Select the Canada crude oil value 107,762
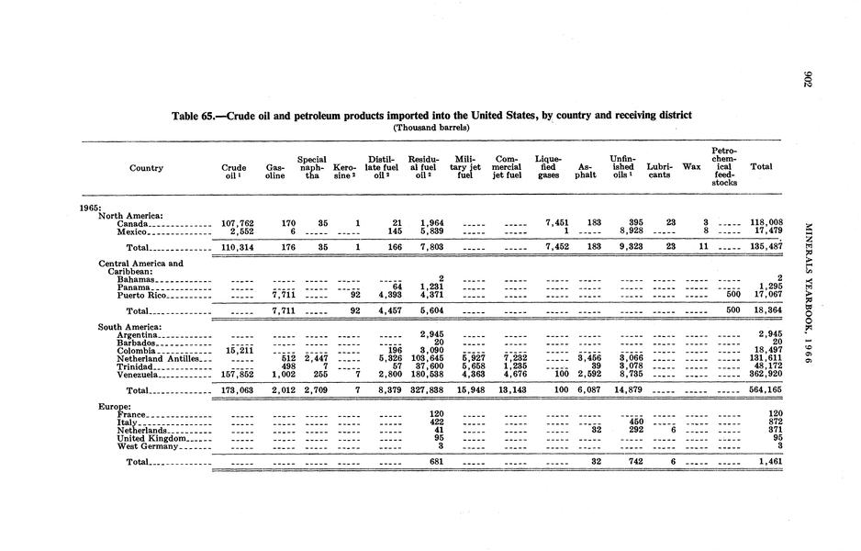[x=237, y=222]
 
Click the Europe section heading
[x=116, y=406]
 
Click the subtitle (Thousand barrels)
[x=430, y=128]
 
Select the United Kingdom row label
[x=151, y=438]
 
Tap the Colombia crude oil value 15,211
[x=238, y=350]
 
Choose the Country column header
[x=147, y=168]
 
